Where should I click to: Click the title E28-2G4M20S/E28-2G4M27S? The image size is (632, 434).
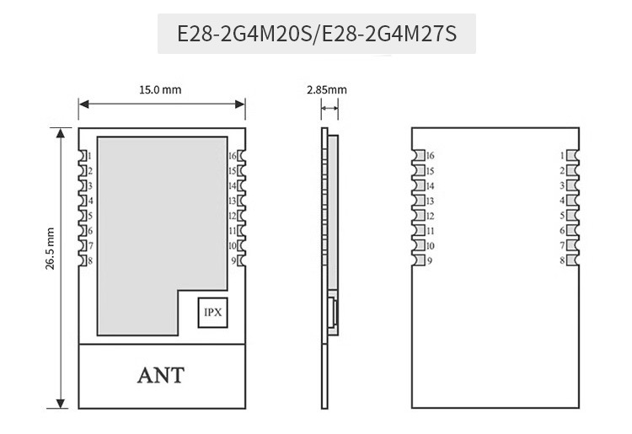point(316,35)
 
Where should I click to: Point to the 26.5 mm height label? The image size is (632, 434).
point(51,249)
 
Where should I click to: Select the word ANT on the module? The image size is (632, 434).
point(160,376)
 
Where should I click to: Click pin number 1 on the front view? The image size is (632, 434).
point(89,156)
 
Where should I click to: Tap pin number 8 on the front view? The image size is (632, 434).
point(89,261)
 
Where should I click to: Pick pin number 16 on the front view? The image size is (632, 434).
point(232,156)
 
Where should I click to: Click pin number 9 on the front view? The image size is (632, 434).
point(233,261)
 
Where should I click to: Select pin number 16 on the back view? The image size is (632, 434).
point(429,156)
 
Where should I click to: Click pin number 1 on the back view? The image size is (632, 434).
point(562,156)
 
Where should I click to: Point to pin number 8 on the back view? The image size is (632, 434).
point(562,261)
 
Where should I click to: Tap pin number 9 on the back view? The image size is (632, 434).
point(429,261)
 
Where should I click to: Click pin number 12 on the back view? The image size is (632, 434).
point(429,216)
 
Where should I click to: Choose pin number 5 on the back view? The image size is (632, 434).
point(562,216)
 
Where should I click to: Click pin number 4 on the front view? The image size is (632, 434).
point(89,201)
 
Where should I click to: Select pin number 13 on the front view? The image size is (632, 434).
point(232,201)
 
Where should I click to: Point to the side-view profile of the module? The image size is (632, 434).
point(326,253)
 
